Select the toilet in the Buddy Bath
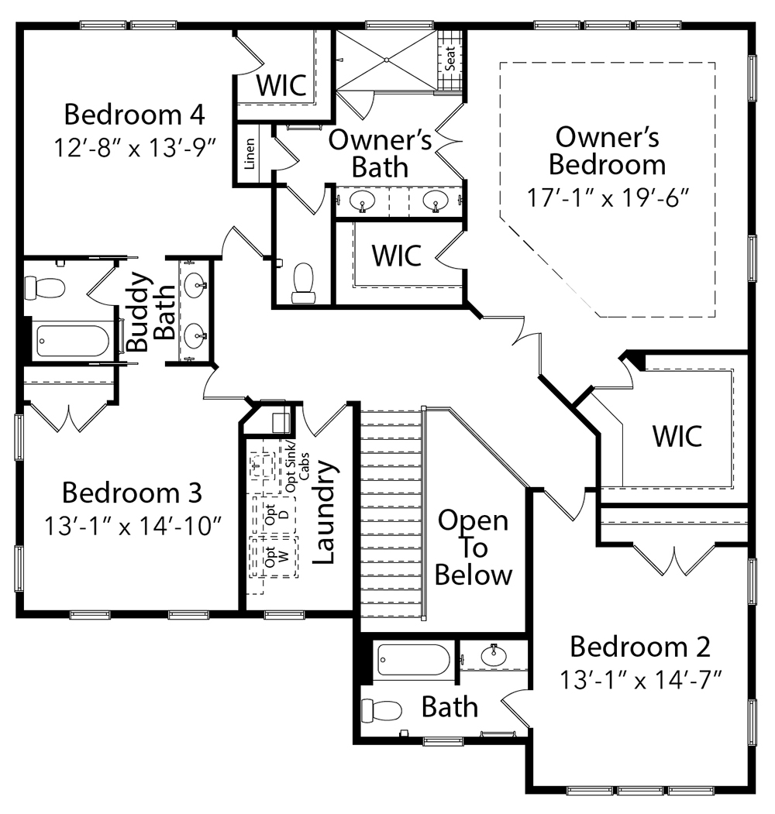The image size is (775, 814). [x=44, y=288]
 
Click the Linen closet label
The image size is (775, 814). [x=249, y=154]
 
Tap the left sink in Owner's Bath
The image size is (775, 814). [x=363, y=201]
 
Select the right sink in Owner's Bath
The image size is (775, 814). [x=436, y=201]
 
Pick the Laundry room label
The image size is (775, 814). [x=325, y=513]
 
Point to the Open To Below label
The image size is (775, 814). [x=473, y=548]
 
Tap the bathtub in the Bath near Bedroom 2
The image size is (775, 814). [x=412, y=660]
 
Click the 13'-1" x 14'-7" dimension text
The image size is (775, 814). [x=640, y=680]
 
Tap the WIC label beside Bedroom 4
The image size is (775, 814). [x=281, y=84]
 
